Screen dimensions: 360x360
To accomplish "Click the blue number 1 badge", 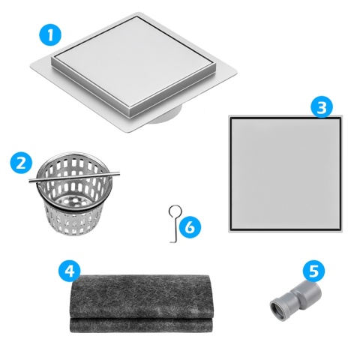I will [x=49, y=33].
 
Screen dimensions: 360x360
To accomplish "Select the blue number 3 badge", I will [x=322, y=107].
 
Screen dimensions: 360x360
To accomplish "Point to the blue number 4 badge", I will [x=68, y=271].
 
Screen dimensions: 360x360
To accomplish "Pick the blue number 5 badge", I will [x=313, y=270].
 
